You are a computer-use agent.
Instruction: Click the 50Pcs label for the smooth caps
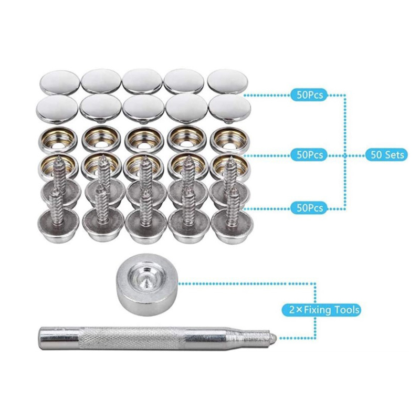click(x=309, y=95)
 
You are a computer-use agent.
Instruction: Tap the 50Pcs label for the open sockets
click(x=309, y=155)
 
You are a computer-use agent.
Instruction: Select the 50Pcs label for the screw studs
click(x=309, y=207)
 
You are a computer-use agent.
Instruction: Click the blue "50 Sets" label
click(x=387, y=154)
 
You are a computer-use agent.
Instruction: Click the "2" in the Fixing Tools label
click(x=292, y=310)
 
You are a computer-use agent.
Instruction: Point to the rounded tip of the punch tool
click(x=273, y=335)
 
